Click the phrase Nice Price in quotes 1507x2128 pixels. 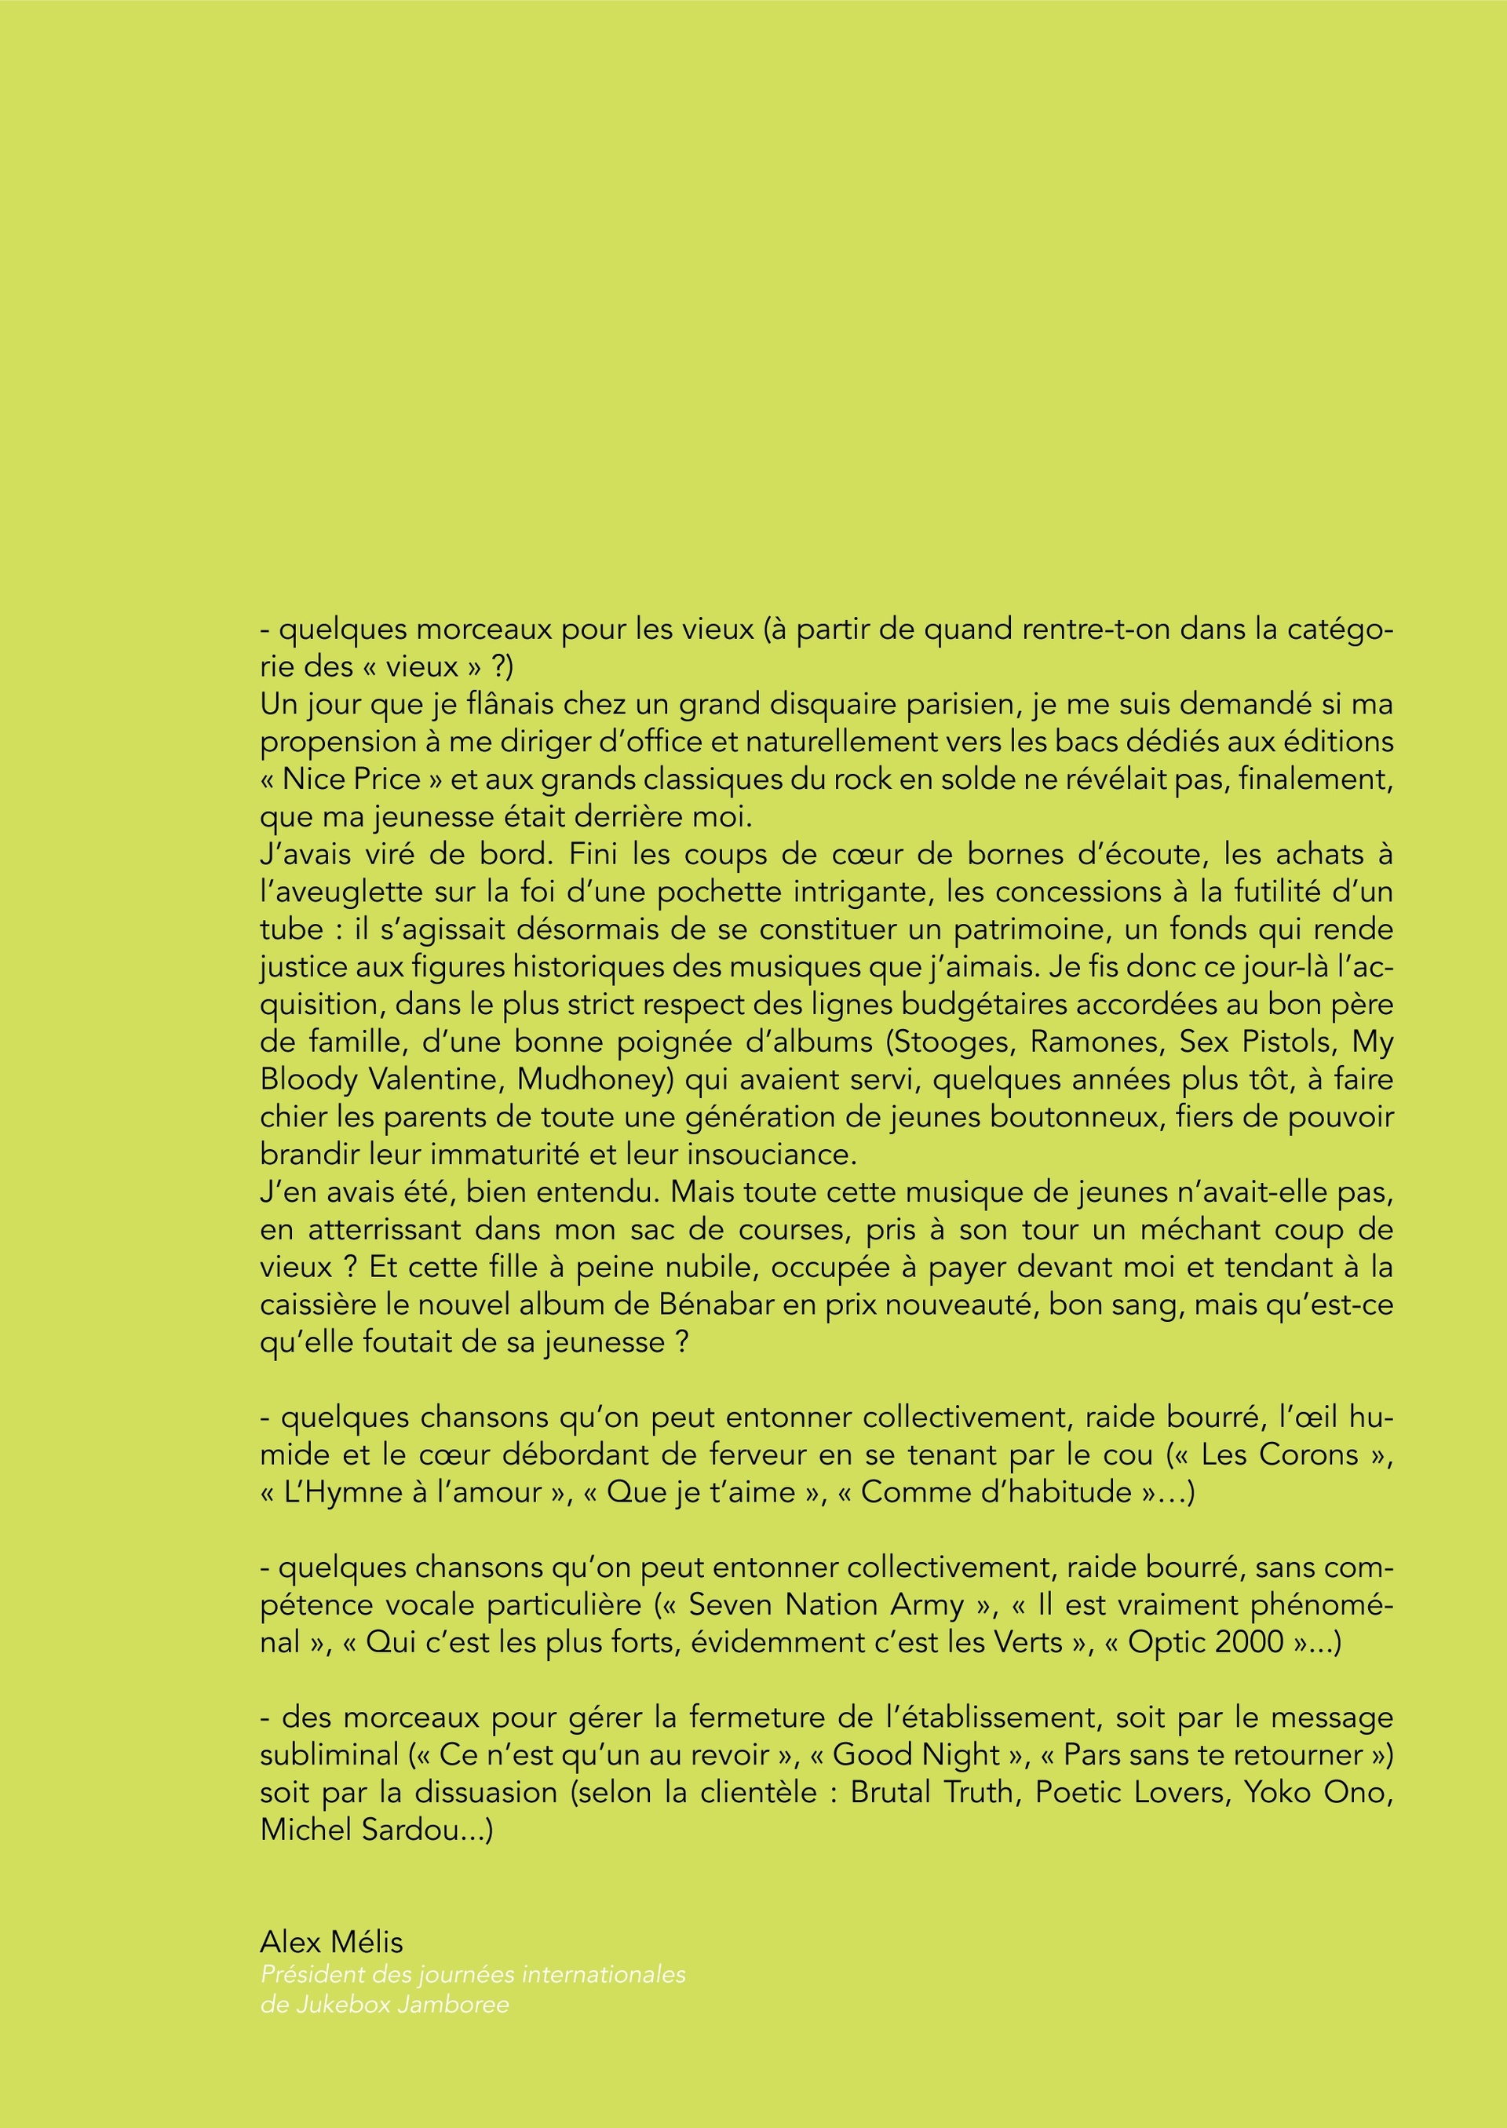click(352, 779)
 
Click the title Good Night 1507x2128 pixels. click(916, 1755)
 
